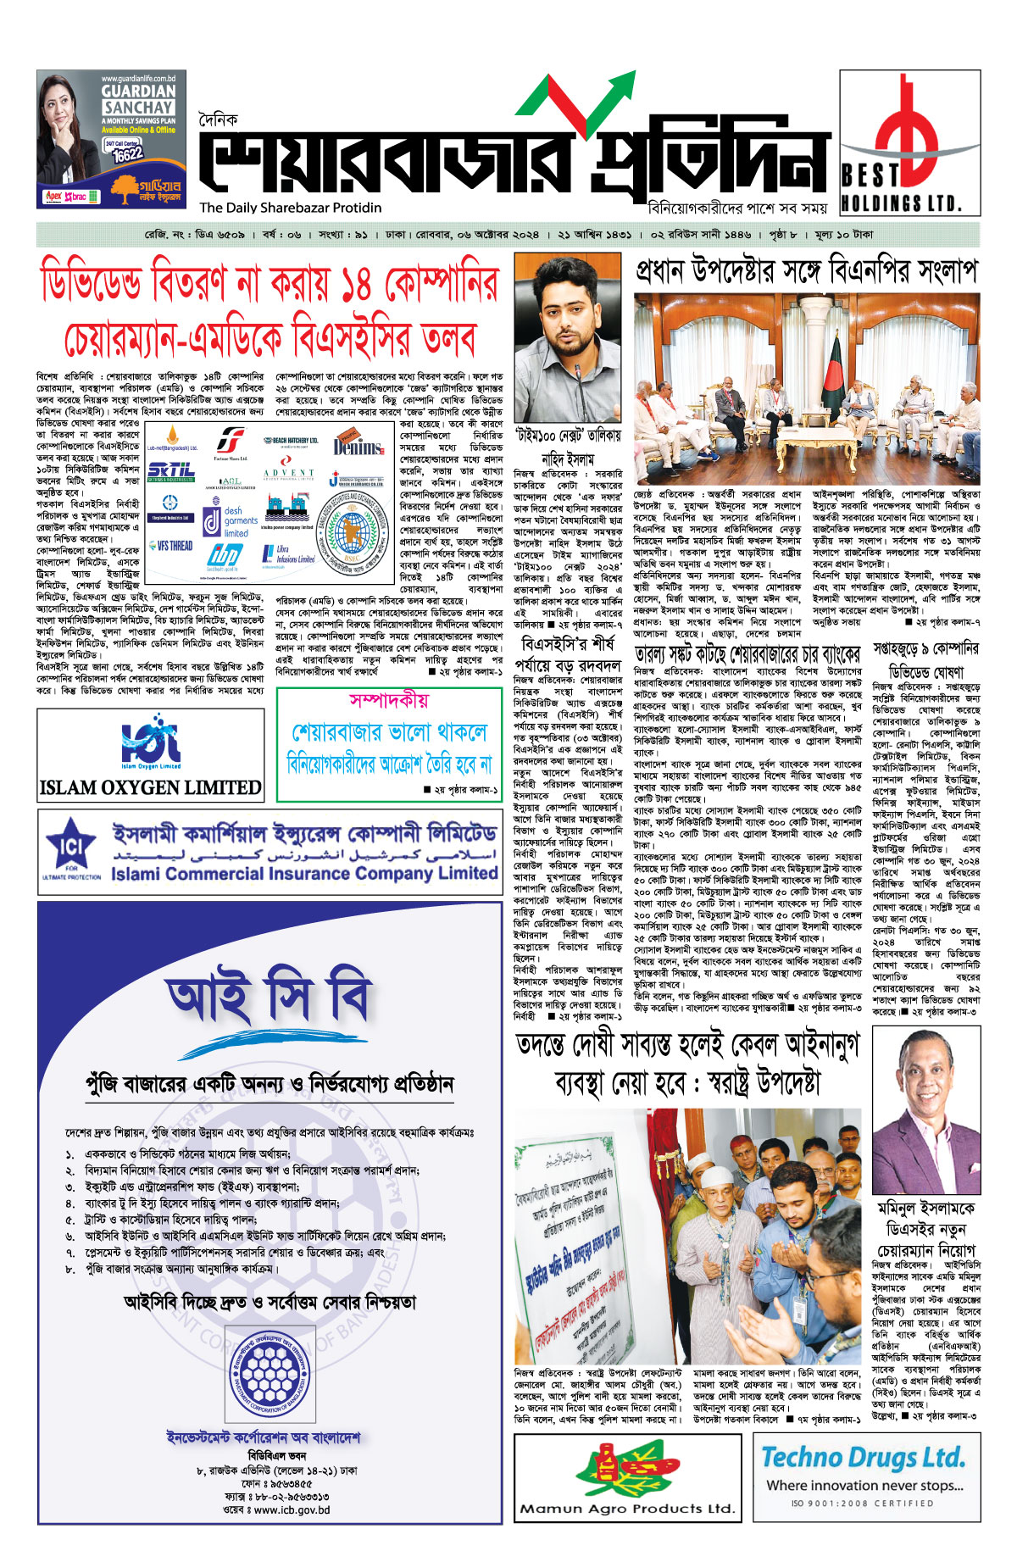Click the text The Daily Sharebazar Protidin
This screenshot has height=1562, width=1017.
pyautogui.click(x=290, y=208)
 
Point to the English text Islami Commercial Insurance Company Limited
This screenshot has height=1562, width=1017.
pyautogui.click(x=303, y=874)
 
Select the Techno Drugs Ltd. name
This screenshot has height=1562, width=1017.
pyautogui.click(x=863, y=1458)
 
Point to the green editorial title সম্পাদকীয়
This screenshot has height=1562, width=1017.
pyautogui.click(x=389, y=700)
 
